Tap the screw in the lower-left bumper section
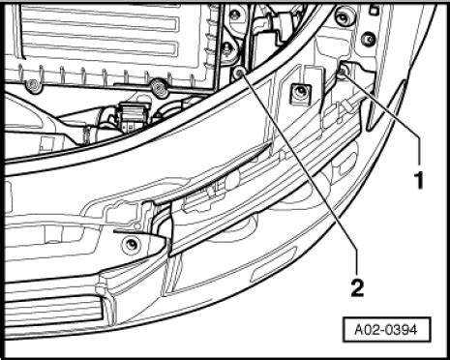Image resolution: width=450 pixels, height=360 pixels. tap(127, 244)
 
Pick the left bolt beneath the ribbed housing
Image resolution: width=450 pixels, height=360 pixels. tap(34, 86)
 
